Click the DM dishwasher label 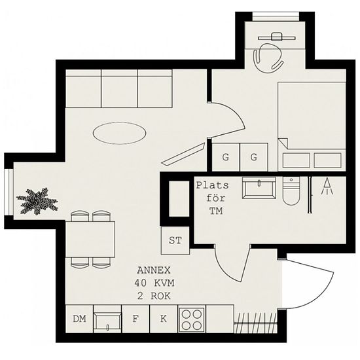(79, 319)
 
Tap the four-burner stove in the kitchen (192, 319)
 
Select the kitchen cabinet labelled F (135, 319)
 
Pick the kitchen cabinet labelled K (164, 319)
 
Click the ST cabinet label (175, 240)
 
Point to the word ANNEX (154, 270)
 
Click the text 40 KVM (154, 283)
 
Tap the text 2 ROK (154, 296)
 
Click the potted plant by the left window (37, 201)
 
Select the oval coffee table (119, 133)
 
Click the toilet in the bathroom (291, 191)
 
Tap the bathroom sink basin (259, 188)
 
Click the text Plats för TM (213, 198)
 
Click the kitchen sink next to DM (107, 319)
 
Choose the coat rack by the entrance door (255, 323)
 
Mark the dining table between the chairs (90, 239)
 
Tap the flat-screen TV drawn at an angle (183, 154)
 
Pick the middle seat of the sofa (119, 88)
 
